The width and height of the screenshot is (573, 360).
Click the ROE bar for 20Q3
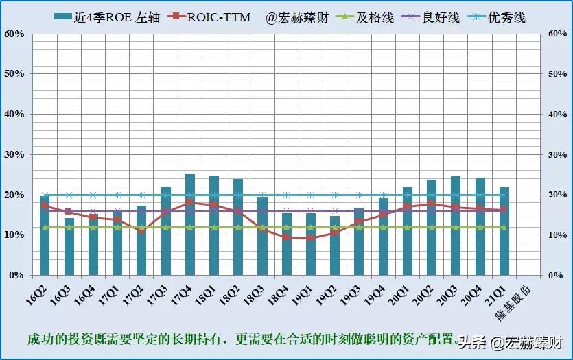tap(456, 226)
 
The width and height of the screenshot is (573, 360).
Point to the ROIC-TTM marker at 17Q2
tap(141, 231)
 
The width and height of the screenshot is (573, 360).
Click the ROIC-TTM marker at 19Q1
tap(311, 238)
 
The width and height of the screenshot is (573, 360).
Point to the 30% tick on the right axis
tap(552, 154)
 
